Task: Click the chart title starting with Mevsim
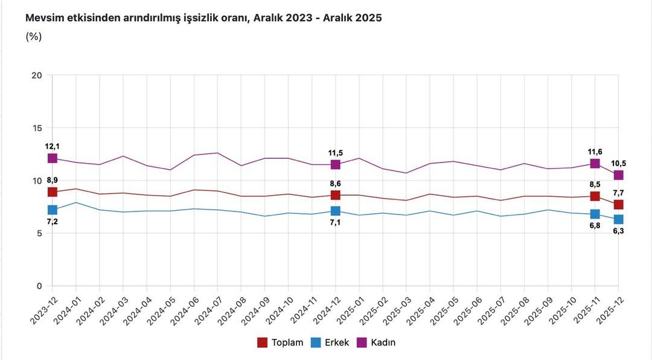[203, 18]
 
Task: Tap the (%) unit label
[33, 37]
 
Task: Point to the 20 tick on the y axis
[37, 76]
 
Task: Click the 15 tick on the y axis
[37, 128]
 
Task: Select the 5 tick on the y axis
[39, 233]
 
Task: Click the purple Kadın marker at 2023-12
[53, 158]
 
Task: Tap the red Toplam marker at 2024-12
[336, 195]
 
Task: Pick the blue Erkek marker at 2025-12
[619, 219]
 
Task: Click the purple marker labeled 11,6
[595, 164]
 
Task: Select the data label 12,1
[52, 147]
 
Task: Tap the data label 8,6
[335, 183]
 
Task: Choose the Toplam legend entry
[280, 342]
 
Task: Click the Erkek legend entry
[330, 342]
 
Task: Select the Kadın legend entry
[377, 342]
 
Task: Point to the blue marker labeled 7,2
[53, 210]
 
